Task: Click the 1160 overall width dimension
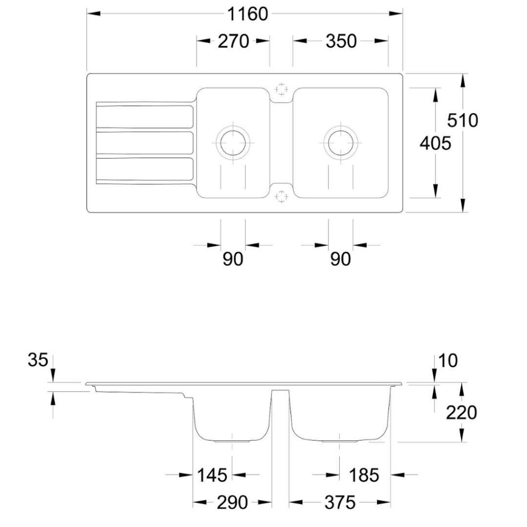[x=248, y=14]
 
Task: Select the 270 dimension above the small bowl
[x=233, y=41]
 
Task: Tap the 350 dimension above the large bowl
[x=341, y=41]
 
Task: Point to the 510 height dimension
[x=463, y=120]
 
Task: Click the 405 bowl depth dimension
[x=435, y=144]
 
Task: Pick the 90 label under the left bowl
[x=233, y=259]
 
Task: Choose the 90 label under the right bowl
[x=341, y=259]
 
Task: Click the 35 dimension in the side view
[x=38, y=360]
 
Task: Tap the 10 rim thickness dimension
[x=448, y=361]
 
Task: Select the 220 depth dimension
[x=461, y=412]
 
